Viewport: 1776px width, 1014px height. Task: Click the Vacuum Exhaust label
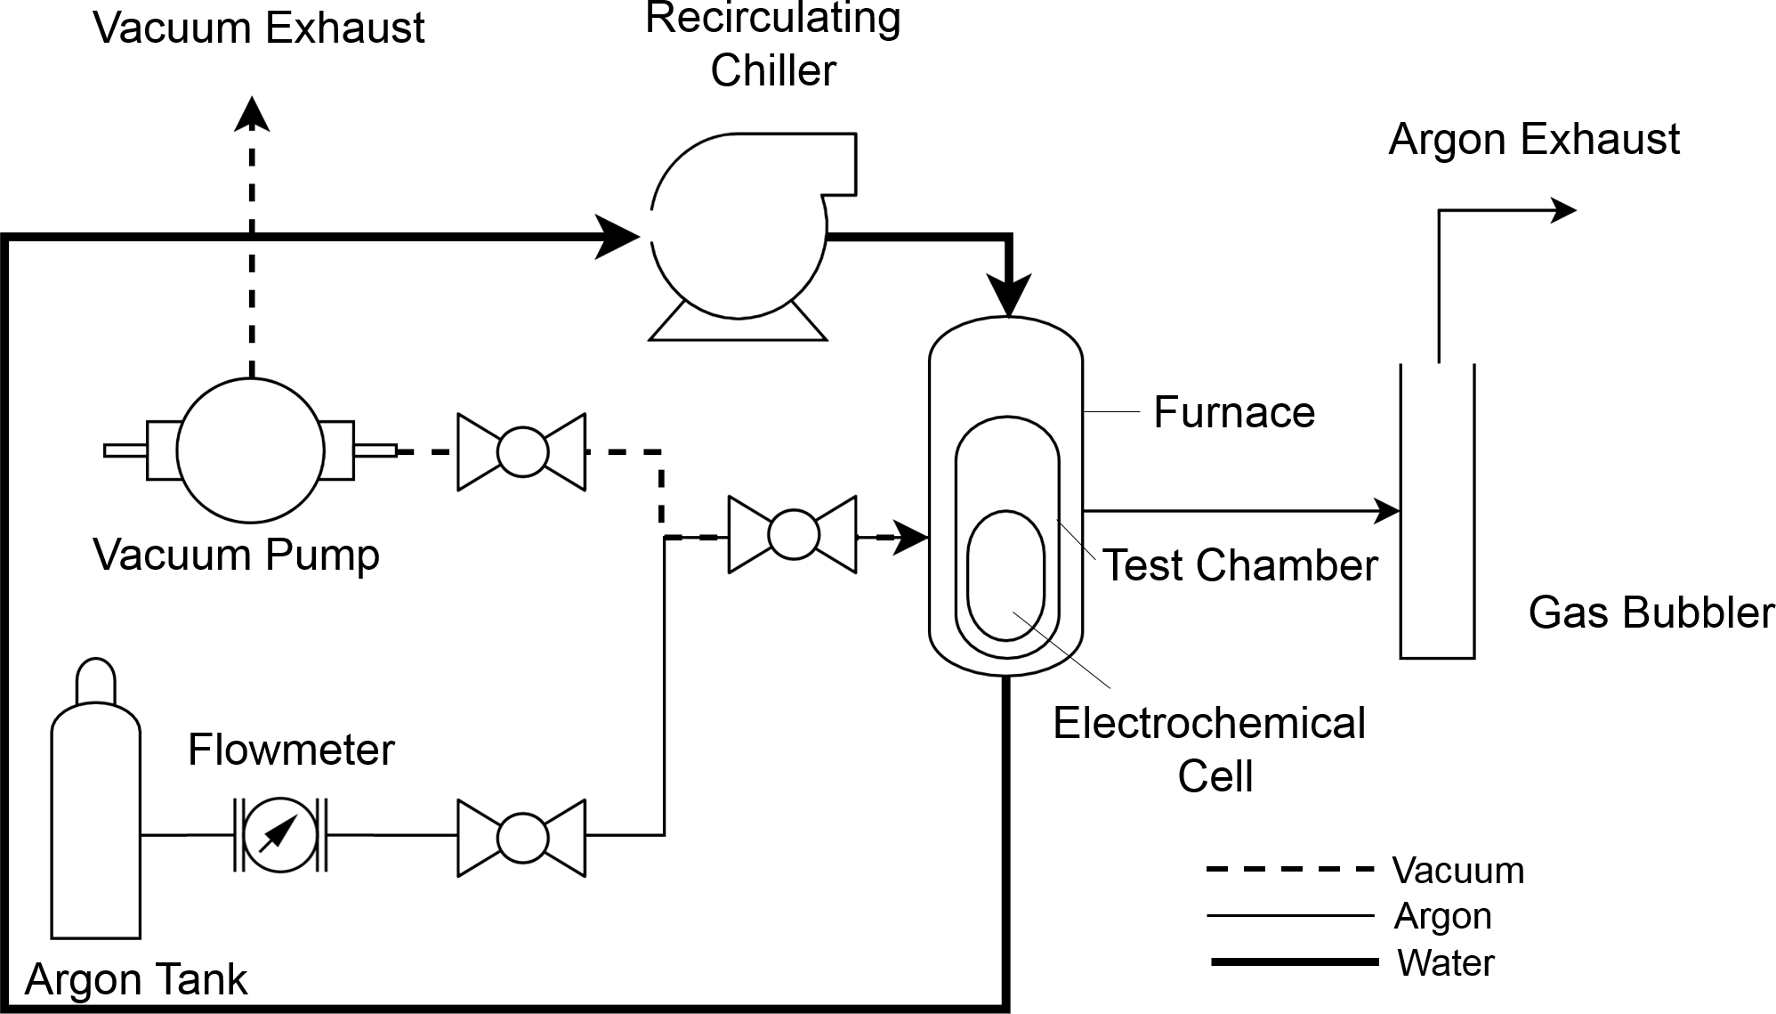click(x=258, y=28)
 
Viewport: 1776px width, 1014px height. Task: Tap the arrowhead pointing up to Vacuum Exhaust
click(x=252, y=114)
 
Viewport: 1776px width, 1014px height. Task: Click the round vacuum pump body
click(x=250, y=450)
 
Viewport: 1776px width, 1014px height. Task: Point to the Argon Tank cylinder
click(x=95, y=819)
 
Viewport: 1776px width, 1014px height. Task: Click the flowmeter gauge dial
click(x=280, y=835)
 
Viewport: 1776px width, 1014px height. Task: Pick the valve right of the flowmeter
click(x=521, y=837)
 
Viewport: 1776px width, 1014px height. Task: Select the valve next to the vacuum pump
click(x=521, y=451)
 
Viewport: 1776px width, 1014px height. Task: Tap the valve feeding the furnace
click(x=792, y=534)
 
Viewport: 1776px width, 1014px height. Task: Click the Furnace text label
click(x=1233, y=412)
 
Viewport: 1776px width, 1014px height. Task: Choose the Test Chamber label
click(x=1239, y=565)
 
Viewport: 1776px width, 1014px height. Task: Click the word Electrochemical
click(x=1208, y=723)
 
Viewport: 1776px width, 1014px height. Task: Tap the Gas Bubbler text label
click(x=1651, y=613)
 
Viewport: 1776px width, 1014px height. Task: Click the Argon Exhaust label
click(x=1533, y=140)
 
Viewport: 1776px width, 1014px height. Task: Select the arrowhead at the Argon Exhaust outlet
click(x=1563, y=211)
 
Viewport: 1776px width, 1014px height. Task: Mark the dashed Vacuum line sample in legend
click(x=1289, y=869)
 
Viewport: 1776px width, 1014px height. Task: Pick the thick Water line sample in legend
click(x=1295, y=962)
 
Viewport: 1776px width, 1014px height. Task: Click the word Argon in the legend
click(x=1442, y=916)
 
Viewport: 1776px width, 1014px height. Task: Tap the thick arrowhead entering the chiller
click(x=617, y=237)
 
